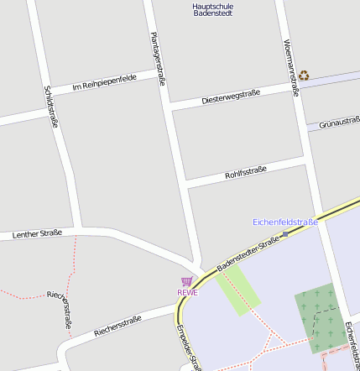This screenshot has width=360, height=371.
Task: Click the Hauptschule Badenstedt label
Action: click(213, 10)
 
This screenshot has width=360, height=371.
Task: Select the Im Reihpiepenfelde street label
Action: click(105, 82)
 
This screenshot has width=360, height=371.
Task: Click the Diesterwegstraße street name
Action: click(231, 97)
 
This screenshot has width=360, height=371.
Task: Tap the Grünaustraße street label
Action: click(339, 123)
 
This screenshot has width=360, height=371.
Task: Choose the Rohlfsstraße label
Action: click(245, 172)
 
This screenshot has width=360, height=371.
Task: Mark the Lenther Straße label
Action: click(37, 233)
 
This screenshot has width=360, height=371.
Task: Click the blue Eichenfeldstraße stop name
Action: click(285, 222)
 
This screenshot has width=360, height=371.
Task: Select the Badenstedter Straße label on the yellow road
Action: click(248, 254)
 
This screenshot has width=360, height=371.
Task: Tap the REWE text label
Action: click(187, 293)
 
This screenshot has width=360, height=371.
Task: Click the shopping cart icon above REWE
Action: click(186, 281)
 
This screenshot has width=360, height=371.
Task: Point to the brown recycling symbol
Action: click(304, 75)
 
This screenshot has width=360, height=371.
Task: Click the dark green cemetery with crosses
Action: click(318, 319)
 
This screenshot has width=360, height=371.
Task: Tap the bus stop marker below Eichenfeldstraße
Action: click(285, 234)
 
